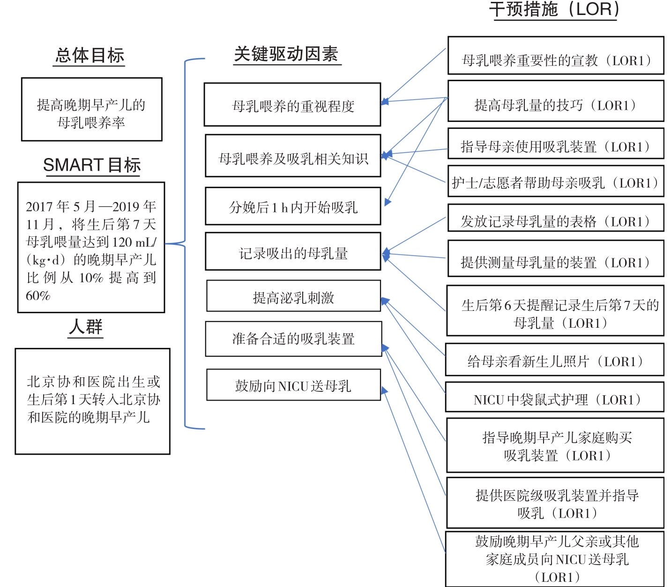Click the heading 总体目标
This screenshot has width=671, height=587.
click(89, 55)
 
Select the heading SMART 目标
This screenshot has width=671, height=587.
click(92, 165)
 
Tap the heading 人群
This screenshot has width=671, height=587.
click(86, 326)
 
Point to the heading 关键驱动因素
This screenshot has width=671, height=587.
click(286, 54)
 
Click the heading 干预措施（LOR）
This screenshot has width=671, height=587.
click(555, 9)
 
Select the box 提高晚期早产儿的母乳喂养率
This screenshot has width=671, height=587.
click(92, 109)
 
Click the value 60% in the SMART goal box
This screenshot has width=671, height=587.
click(38, 296)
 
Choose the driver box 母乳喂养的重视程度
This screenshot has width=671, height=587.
click(292, 105)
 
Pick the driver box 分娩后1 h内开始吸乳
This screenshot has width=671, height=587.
click(293, 206)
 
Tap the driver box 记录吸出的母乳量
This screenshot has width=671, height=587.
click(293, 251)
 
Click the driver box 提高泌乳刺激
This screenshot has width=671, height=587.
click(293, 296)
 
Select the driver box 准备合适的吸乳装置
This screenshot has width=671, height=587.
click(293, 339)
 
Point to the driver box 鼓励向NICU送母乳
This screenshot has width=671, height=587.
click(293, 384)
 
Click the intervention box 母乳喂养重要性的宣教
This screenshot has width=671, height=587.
click(556, 55)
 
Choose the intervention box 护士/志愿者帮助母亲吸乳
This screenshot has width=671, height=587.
click(556, 181)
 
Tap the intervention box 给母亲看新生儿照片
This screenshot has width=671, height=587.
click(555, 360)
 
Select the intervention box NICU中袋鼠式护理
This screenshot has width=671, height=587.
click(555, 397)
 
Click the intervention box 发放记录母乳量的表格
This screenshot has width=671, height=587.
click(556, 218)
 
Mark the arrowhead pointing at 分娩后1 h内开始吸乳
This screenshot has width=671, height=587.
click(388, 202)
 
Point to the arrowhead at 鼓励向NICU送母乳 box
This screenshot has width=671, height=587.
click(384, 391)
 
